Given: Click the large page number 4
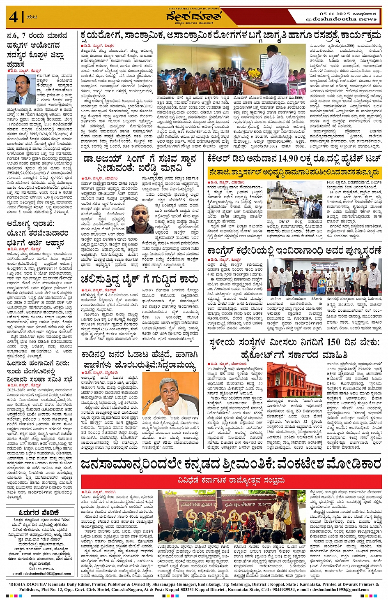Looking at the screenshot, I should pos(13,17).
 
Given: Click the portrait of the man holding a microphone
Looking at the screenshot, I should pos(21,89).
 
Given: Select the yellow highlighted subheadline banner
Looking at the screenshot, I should pos(294,172).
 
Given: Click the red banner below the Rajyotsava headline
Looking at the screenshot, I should pos(231,480).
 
